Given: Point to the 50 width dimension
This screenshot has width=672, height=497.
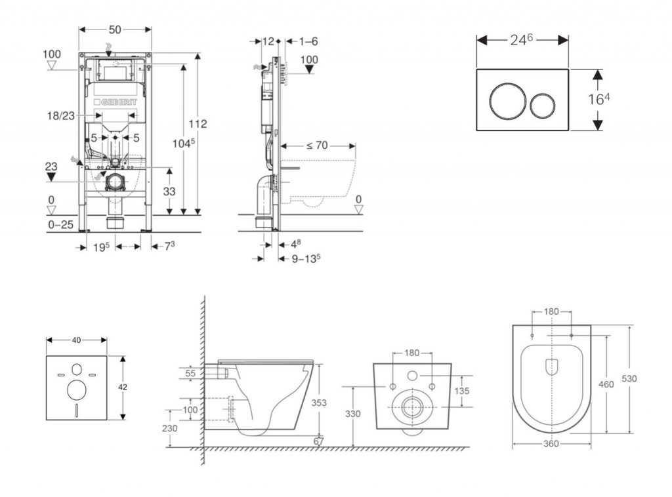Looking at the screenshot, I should (x=115, y=30).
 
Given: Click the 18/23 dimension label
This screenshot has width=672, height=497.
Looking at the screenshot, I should (x=60, y=115).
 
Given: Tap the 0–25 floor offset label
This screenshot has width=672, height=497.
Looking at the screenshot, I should (x=61, y=225).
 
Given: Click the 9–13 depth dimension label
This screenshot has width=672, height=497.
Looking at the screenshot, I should (x=306, y=258).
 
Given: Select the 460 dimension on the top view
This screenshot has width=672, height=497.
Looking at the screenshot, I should (x=606, y=384).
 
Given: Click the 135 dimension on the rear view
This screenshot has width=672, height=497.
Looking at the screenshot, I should (x=461, y=391).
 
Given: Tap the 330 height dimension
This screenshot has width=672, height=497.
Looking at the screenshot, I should (x=353, y=414).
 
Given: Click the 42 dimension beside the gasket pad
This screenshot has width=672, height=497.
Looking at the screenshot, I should (x=123, y=388).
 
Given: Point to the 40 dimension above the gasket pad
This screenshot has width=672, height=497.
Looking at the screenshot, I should (x=76, y=340).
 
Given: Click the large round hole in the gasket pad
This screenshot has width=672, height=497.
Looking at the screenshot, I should (x=77, y=389).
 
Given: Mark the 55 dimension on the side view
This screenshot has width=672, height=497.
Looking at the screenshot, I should (x=190, y=372).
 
